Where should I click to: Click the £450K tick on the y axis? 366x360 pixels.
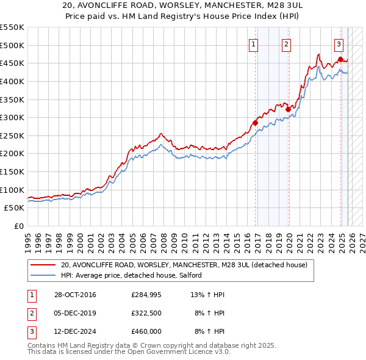[x=12, y=63]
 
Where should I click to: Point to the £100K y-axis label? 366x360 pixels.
[x=12, y=190]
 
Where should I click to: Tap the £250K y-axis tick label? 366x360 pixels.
[x=12, y=135]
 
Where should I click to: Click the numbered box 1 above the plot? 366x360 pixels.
[x=253, y=43]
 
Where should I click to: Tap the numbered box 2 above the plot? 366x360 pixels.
[x=286, y=43]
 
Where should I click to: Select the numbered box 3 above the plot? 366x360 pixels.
[x=339, y=43]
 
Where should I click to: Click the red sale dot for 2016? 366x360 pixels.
[x=256, y=123]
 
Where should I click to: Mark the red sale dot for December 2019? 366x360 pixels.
[x=288, y=110]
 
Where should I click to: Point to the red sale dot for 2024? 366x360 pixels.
[x=340, y=59]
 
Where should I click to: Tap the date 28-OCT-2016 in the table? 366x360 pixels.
[x=75, y=295]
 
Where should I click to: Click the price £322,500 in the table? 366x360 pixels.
[x=146, y=313]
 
